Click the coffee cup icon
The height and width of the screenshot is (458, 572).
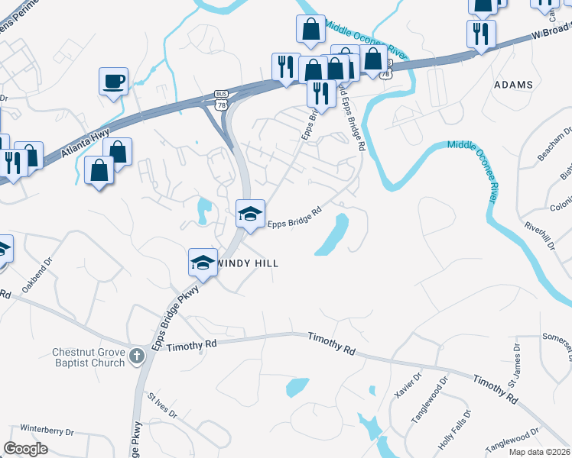(x=113, y=81)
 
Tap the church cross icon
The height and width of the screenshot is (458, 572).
(x=137, y=355)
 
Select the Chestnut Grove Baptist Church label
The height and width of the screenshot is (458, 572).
(x=88, y=357)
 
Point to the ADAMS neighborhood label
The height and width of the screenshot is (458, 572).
(x=513, y=84)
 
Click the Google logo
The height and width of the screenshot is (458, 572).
(x=26, y=448)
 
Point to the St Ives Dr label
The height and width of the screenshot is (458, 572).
(x=162, y=407)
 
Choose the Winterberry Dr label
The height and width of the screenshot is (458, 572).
(x=46, y=428)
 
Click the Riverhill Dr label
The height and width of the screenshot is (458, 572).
(x=538, y=237)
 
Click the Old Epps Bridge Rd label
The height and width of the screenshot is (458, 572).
(x=353, y=115)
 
